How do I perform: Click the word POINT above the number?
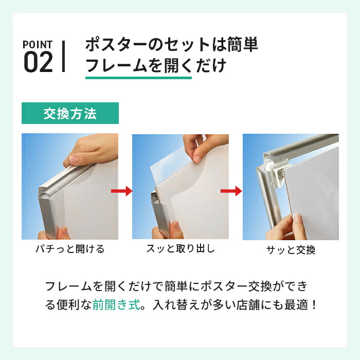[38, 45]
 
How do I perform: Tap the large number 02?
[39, 62]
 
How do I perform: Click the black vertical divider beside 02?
[63, 57]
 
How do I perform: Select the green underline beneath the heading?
[138, 78]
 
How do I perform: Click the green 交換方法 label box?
[70, 113]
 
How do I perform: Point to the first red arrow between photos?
[122, 191]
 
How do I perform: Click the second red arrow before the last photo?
[231, 191]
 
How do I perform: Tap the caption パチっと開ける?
[70, 249]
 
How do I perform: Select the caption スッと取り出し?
[181, 248]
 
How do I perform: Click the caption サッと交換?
[291, 250]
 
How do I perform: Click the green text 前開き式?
[116, 305]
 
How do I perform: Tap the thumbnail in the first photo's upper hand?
[74, 159]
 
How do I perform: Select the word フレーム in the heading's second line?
[116, 65]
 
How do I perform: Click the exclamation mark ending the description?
[314, 305]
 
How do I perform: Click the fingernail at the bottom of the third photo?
[298, 218]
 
